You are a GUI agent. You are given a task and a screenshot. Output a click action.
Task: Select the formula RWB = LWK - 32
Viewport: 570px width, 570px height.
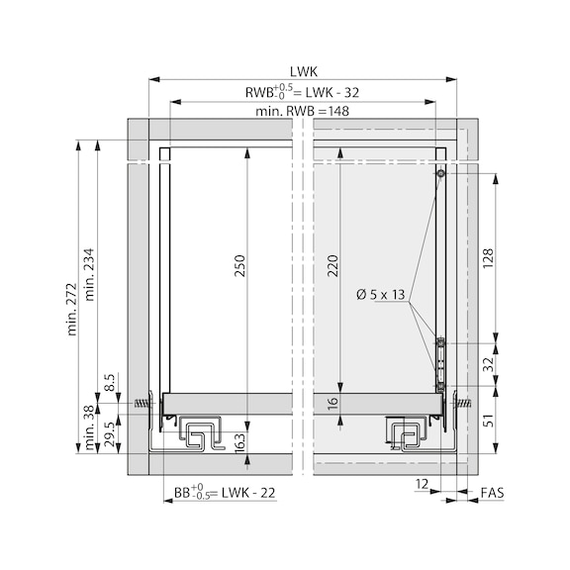302,92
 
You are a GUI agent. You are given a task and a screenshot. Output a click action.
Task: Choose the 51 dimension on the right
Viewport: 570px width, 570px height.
488,421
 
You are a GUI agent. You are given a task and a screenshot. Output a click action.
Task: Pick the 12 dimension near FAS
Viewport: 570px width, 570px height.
423,484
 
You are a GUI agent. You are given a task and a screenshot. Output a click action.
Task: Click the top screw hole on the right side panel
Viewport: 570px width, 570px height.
441,174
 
